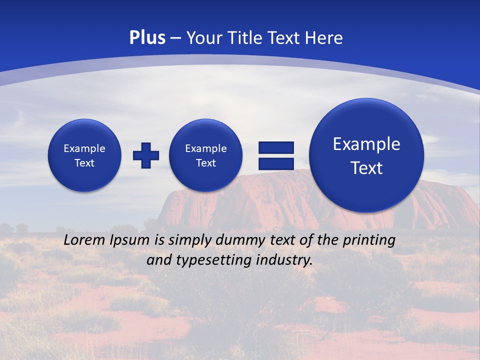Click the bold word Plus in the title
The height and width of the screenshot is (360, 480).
[147, 38]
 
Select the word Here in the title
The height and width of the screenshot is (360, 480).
[324, 38]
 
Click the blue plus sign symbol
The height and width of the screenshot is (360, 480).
[146, 155]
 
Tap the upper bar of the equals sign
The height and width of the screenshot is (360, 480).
[276, 147]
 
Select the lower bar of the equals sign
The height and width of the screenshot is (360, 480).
[276, 163]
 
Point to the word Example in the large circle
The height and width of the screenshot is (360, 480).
[366, 144]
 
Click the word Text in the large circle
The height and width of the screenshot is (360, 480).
[366, 168]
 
